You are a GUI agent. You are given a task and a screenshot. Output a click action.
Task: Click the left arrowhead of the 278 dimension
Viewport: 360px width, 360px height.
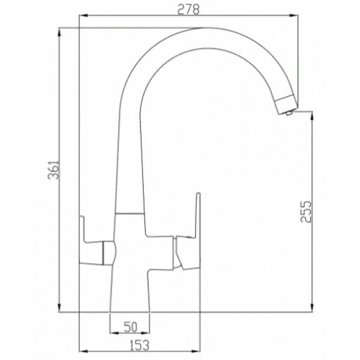(82, 16)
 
